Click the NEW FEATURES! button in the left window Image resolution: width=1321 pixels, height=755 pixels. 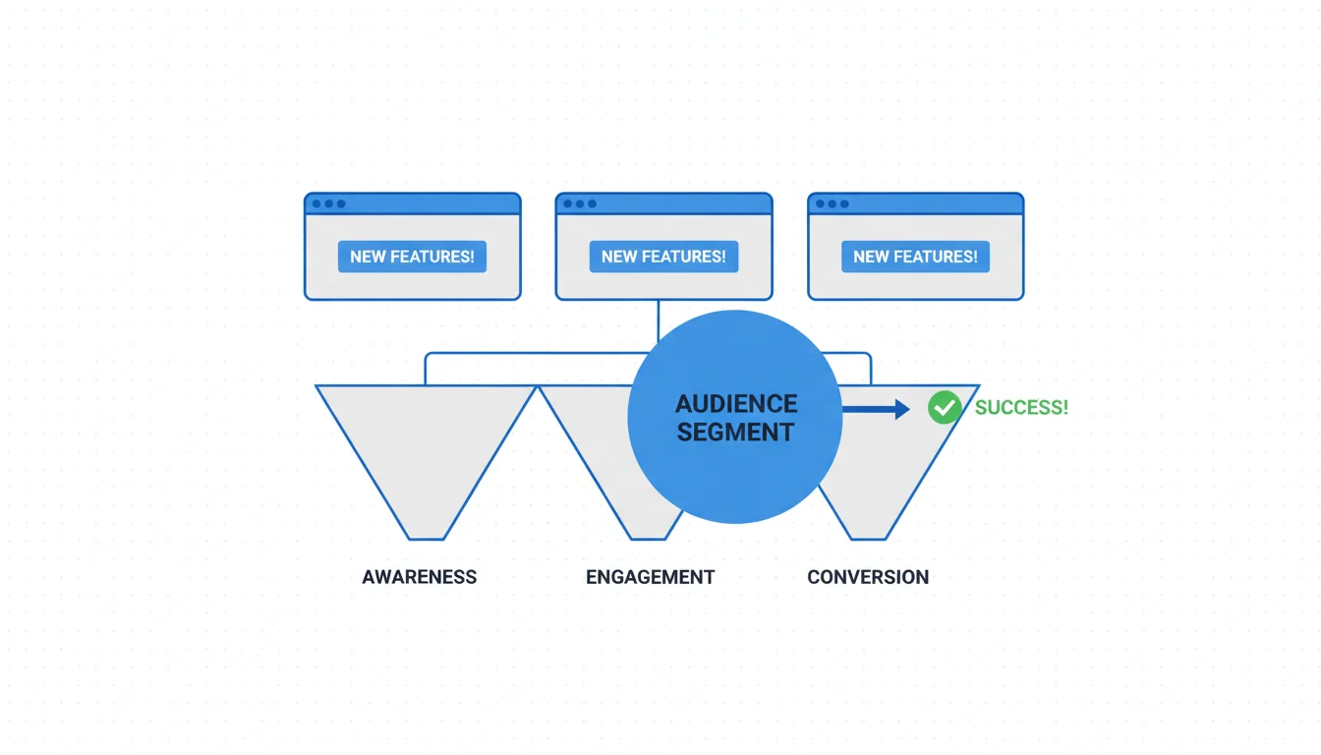click(x=412, y=257)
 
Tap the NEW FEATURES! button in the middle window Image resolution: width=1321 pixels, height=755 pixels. click(x=663, y=257)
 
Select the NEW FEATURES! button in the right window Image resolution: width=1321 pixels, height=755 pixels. click(x=915, y=257)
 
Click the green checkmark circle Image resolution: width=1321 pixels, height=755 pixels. click(x=945, y=407)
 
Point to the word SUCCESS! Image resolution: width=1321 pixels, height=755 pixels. click(x=1021, y=407)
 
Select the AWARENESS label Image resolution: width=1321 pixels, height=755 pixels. click(x=419, y=577)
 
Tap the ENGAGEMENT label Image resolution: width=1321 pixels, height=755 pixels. click(x=650, y=577)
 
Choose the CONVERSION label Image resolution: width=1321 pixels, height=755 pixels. click(x=868, y=577)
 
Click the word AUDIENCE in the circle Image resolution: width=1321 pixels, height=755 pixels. click(x=736, y=404)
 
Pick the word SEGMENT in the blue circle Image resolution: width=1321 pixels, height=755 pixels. click(x=735, y=432)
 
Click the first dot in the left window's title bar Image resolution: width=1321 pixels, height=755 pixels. click(x=316, y=203)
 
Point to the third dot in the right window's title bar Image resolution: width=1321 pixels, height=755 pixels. click(x=844, y=203)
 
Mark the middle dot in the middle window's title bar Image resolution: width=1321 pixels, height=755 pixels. click(x=580, y=203)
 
